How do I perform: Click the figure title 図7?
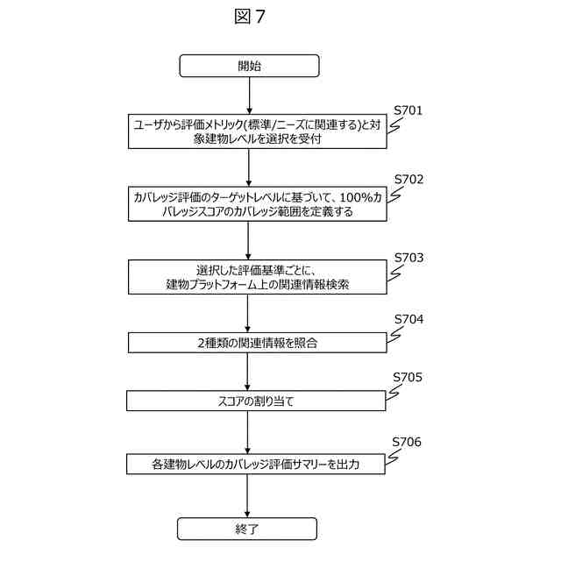[x=249, y=17]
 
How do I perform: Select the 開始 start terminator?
[x=249, y=66]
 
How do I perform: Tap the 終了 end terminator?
[x=247, y=529]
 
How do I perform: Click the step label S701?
[x=408, y=111]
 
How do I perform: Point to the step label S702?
[x=408, y=179]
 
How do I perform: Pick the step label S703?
[x=408, y=258]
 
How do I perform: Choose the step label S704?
[x=408, y=319]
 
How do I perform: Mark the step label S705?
[x=408, y=378]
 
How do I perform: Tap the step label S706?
[x=407, y=442]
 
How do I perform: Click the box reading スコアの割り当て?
[x=256, y=401]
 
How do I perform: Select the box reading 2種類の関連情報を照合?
[x=256, y=342]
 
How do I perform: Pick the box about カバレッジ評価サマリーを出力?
[x=256, y=464]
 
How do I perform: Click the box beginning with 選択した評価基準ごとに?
[x=256, y=276]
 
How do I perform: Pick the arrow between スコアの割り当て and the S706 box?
[x=248, y=431]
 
